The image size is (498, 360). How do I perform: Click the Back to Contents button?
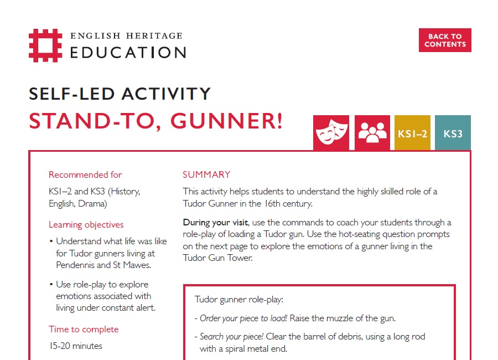(445, 40)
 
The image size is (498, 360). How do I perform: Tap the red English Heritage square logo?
(45, 45)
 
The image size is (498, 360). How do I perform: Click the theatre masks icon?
(331, 133)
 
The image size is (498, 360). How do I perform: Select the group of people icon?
(372, 133)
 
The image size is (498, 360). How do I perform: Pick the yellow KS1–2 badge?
(412, 133)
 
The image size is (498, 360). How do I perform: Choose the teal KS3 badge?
(453, 133)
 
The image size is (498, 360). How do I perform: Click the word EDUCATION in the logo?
(128, 53)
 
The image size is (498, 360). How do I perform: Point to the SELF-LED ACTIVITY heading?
(120, 94)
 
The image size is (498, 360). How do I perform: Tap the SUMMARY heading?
(206, 174)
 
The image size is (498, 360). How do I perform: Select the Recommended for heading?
(85, 174)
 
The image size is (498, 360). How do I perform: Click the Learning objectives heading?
(86, 224)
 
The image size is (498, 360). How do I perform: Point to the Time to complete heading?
(84, 329)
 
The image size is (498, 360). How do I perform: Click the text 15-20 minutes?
(75, 346)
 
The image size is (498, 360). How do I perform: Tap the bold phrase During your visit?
(216, 223)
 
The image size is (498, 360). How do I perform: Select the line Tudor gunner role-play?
(238, 300)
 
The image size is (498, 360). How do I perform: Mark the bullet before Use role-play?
(51, 285)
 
